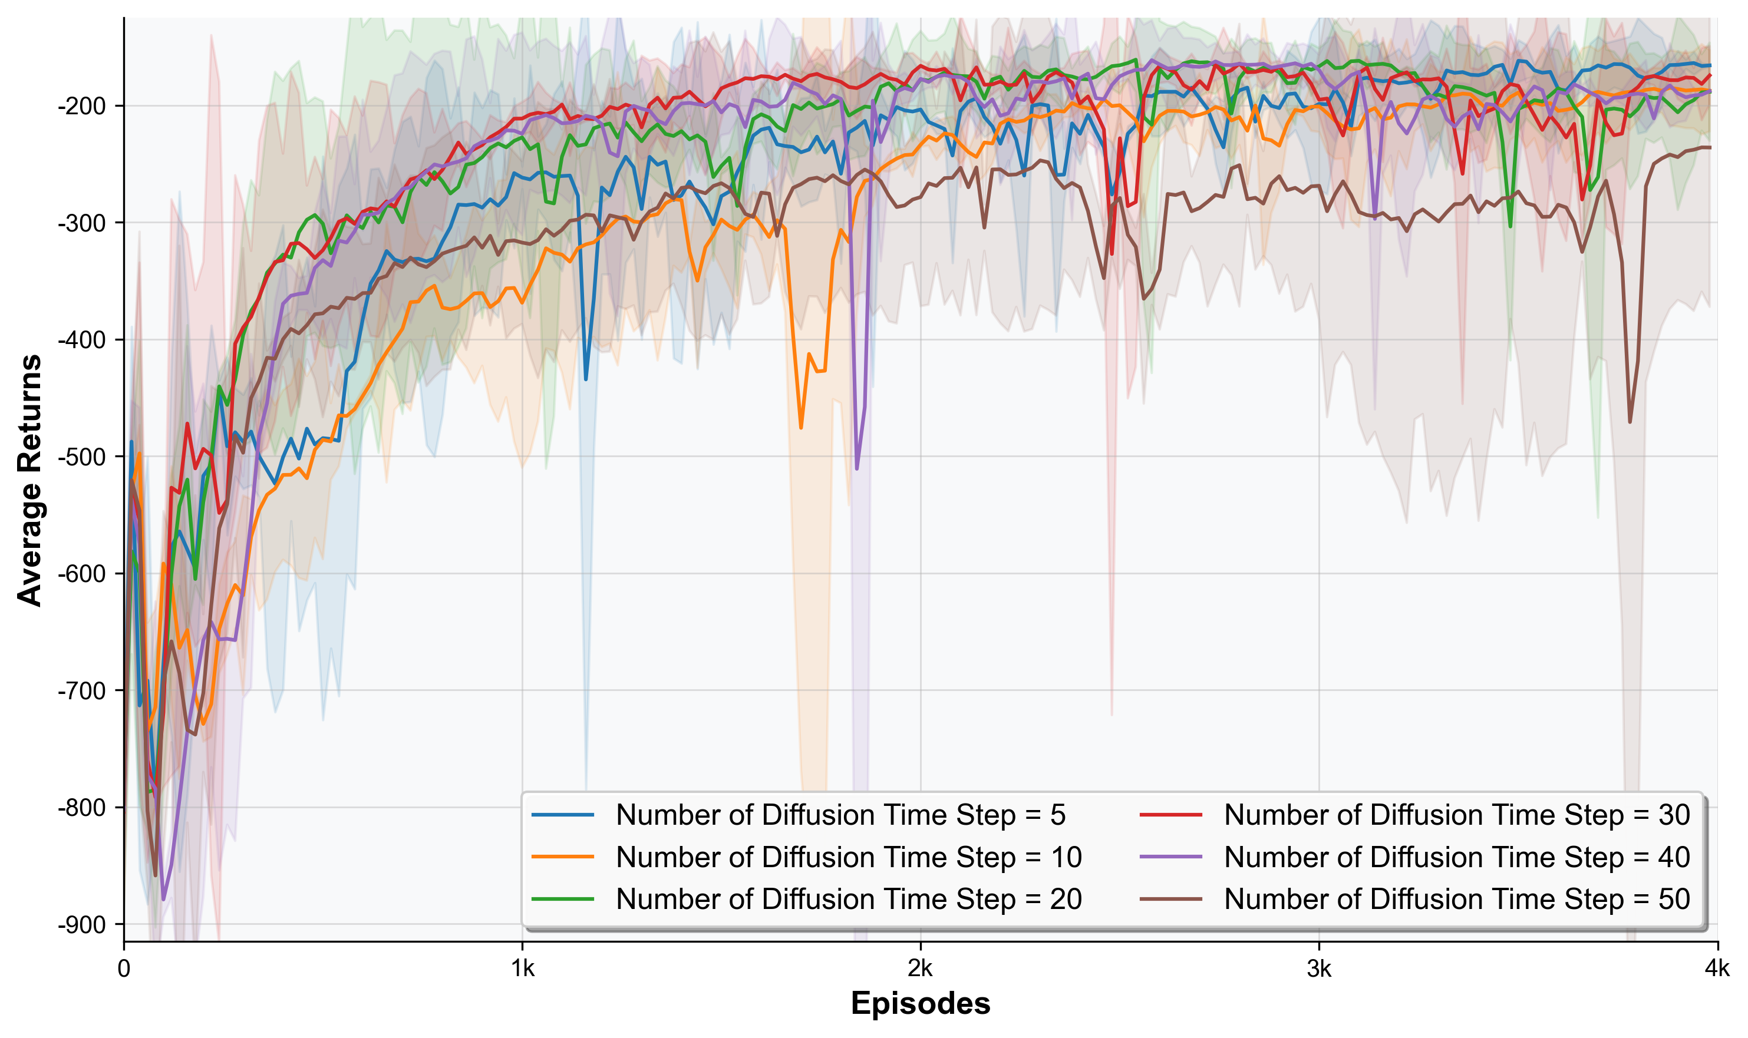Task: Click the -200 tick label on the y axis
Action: [81, 106]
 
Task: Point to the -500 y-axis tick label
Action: [81, 457]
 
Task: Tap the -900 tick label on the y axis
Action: [81, 925]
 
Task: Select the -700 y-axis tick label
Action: [81, 691]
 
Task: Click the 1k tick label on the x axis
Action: [522, 968]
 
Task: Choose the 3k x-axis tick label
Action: [1319, 968]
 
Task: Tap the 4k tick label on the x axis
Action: [1717, 968]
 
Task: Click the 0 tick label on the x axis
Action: [124, 968]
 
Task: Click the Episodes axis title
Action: [920, 1004]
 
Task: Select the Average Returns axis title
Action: [29, 480]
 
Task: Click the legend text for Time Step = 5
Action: [840, 815]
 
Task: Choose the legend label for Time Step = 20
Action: [849, 899]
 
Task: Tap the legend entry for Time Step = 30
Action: [1457, 815]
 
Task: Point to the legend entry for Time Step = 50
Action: [1457, 899]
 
